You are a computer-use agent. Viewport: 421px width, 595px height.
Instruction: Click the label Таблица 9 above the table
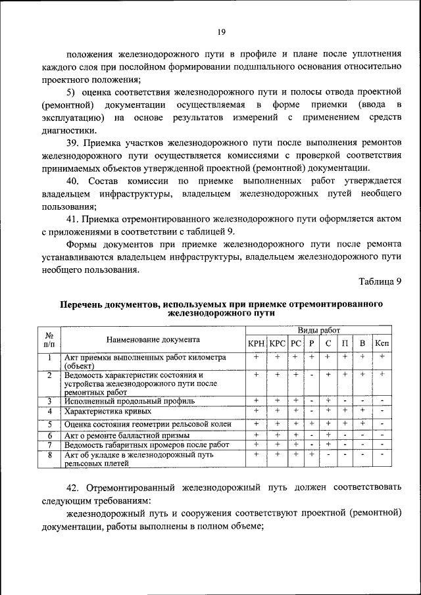[x=380, y=281]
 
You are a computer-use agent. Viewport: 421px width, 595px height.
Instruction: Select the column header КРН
[x=256, y=343]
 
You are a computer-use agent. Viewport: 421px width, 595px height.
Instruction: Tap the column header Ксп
[x=382, y=343]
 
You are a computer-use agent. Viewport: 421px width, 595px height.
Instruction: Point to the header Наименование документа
[x=153, y=340]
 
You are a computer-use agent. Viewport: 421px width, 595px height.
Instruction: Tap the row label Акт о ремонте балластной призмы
[x=127, y=435]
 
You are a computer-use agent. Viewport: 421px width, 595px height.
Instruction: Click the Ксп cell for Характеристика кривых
[x=382, y=412]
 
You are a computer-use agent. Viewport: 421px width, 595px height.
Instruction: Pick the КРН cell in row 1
[x=256, y=356]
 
